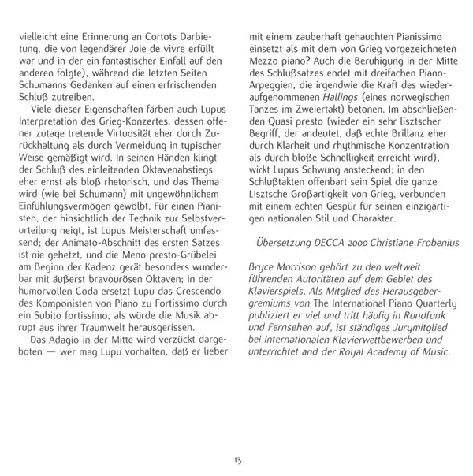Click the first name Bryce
pyautogui.click(x=263, y=269)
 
